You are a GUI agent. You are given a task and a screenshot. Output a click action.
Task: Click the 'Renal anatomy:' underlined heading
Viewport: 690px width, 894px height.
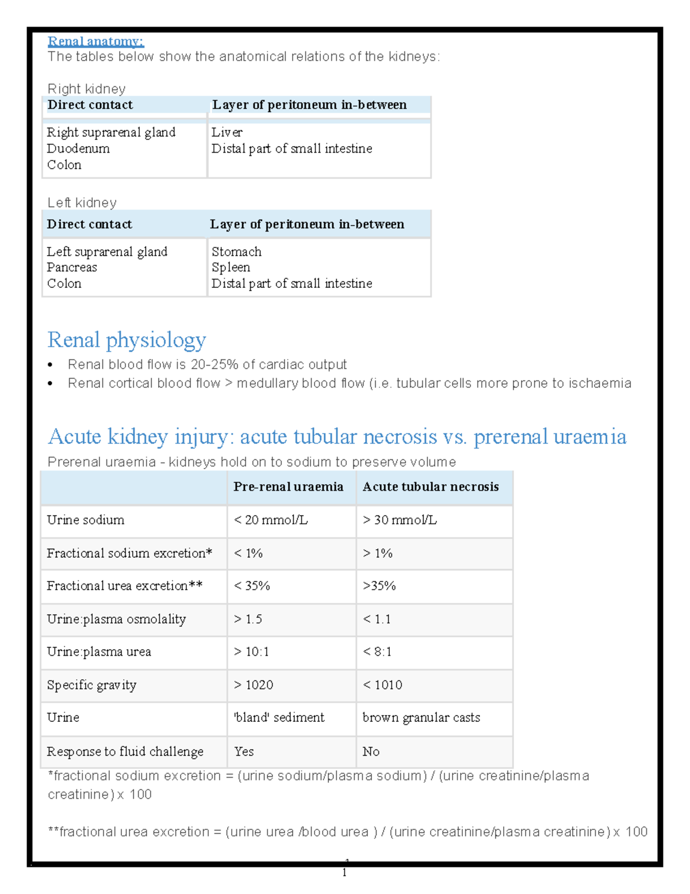pos(95,41)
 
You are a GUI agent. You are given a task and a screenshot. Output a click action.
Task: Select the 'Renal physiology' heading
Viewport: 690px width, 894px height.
pos(126,340)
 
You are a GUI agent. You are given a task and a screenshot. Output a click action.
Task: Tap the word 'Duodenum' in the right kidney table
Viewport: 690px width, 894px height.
pos(78,149)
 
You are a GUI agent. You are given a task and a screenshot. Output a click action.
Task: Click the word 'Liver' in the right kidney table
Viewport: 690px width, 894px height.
pos(227,132)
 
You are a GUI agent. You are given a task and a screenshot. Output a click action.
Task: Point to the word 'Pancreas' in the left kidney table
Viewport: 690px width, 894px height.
pos(72,268)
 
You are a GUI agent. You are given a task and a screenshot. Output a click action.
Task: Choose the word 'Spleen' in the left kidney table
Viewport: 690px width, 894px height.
pos(231,268)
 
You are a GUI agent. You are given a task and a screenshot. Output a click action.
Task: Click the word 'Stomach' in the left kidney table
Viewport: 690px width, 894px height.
pos(236,252)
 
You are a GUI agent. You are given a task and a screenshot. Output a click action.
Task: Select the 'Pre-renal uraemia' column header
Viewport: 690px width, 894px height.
pos(288,487)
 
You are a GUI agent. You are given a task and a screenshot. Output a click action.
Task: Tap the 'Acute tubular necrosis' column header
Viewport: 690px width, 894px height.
pos(431,487)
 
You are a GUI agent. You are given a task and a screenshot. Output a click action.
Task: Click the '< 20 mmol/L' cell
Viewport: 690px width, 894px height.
pos(270,520)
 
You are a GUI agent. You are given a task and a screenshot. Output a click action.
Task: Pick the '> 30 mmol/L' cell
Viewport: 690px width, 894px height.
pos(400,520)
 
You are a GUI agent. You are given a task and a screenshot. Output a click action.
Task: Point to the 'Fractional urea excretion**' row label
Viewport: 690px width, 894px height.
pos(125,586)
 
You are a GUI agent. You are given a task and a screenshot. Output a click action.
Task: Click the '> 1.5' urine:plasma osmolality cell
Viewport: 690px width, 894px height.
pos(248,619)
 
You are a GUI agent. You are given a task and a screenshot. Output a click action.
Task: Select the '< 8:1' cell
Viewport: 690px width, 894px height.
pos(377,652)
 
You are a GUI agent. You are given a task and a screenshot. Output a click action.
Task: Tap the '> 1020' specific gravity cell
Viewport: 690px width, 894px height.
pos(254,685)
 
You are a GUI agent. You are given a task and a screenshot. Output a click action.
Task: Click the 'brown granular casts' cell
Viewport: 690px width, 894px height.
pos(421,718)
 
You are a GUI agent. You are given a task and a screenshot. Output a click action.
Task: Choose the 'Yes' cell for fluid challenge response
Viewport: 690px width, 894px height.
pos(244,752)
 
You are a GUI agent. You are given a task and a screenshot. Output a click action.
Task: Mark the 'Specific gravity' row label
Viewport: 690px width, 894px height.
pos(92,685)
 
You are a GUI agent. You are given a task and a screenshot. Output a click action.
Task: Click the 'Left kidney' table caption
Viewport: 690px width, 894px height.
pos(82,203)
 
